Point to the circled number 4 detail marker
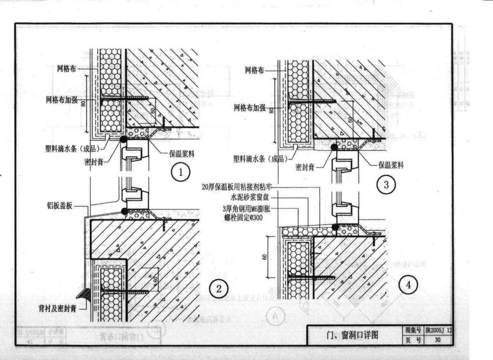(409, 286)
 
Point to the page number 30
(437, 340)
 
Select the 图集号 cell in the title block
(412, 330)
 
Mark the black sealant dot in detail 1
(124, 140)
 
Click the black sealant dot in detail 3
(334, 147)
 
